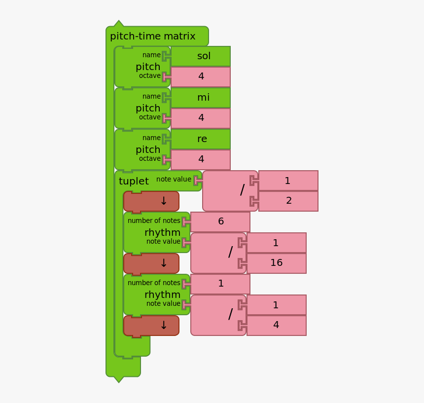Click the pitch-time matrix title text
[x=152, y=36]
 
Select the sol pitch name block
[x=201, y=56]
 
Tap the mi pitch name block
[x=201, y=97]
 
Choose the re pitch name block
[x=201, y=139]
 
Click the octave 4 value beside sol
[x=201, y=76]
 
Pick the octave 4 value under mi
[x=201, y=118]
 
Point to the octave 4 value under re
[x=201, y=159]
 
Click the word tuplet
[x=134, y=181]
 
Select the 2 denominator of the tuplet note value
[x=288, y=201]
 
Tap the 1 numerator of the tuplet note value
[x=288, y=181]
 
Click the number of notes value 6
[x=220, y=222]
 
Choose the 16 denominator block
[x=277, y=263]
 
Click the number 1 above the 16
[x=277, y=243]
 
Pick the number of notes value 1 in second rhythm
[x=220, y=284]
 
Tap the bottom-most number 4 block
[x=277, y=326]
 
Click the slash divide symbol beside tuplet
[x=242, y=190]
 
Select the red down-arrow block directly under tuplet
[x=151, y=201]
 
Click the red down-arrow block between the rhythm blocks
[x=151, y=264]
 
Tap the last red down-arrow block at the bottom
[x=151, y=326]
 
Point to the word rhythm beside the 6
[x=162, y=233]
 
